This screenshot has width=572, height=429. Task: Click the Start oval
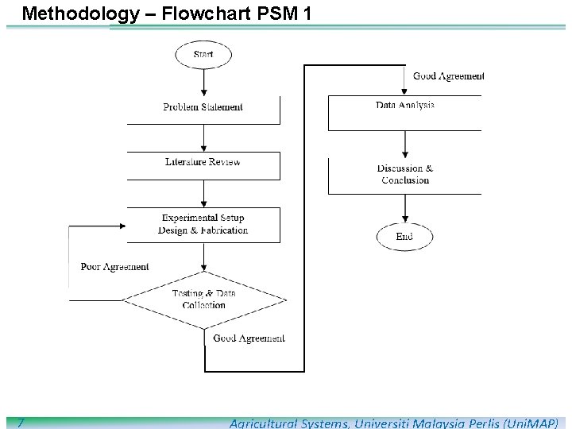[x=203, y=55]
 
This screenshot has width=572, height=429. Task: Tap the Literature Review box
[x=203, y=164]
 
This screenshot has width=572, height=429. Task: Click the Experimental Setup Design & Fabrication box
[x=203, y=224]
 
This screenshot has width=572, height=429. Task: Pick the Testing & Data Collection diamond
[x=204, y=300]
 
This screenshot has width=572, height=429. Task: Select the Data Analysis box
[x=405, y=111]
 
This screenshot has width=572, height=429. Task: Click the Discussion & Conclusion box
[x=405, y=175]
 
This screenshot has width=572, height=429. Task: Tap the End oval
[x=404, y=237]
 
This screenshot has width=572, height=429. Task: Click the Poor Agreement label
[x=114, y=267]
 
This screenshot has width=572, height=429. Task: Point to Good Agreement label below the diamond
[x=249, y=338]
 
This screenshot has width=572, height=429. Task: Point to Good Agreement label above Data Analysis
[x=448, y=76]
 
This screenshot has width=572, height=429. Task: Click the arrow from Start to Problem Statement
[x=204, y=81]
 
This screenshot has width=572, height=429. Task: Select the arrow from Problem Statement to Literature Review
[x=204, y=137]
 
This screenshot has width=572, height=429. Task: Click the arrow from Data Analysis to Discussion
[x=405, y=143]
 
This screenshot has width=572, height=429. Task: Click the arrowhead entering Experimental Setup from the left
[x=121, y=226]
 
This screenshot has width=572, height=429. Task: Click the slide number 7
[x=21, y=423]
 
